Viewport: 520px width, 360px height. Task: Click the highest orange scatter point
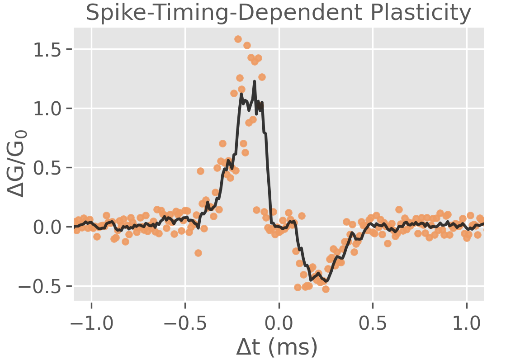point(238,39)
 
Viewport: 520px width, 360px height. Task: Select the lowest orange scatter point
point(326,289)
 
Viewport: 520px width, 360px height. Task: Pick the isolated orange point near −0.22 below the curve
point(198,253)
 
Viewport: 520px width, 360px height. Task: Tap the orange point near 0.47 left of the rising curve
point(200,171)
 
